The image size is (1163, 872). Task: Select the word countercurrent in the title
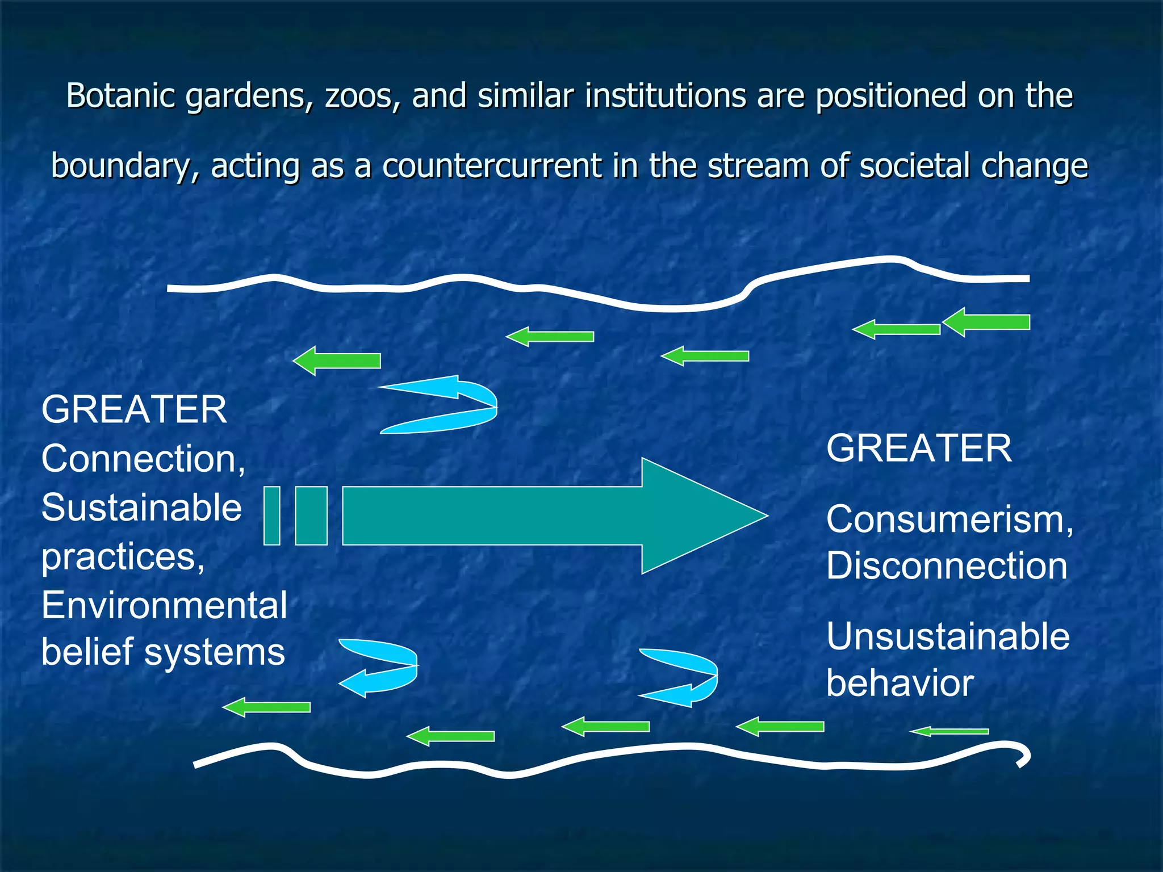click(x=492, y=166)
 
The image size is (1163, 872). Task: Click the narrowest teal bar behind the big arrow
click(x=272, y=515)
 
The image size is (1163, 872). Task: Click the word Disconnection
click(x=946, y=566)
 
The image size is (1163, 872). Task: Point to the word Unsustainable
click(x=947, y=636)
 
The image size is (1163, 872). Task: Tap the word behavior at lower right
click(x=900, y=683)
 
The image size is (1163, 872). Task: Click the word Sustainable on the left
click(x=141, y=508)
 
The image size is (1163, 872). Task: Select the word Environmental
click(x=164, y=606)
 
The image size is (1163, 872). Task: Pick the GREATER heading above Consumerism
click(x=918, y=448)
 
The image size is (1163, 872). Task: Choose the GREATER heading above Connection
click(x=134, y=410)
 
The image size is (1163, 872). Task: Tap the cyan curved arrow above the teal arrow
click(x=449, y=404)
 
